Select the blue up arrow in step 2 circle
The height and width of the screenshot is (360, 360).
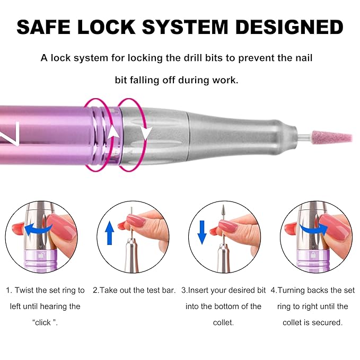coord(110,233)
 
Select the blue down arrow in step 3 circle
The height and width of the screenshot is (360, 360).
coord(201,233)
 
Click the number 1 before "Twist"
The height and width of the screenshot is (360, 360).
coord(9,291)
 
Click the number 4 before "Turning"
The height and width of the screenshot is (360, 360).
coord(273,291)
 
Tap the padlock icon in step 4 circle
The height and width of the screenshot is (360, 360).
coord(315,255)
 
